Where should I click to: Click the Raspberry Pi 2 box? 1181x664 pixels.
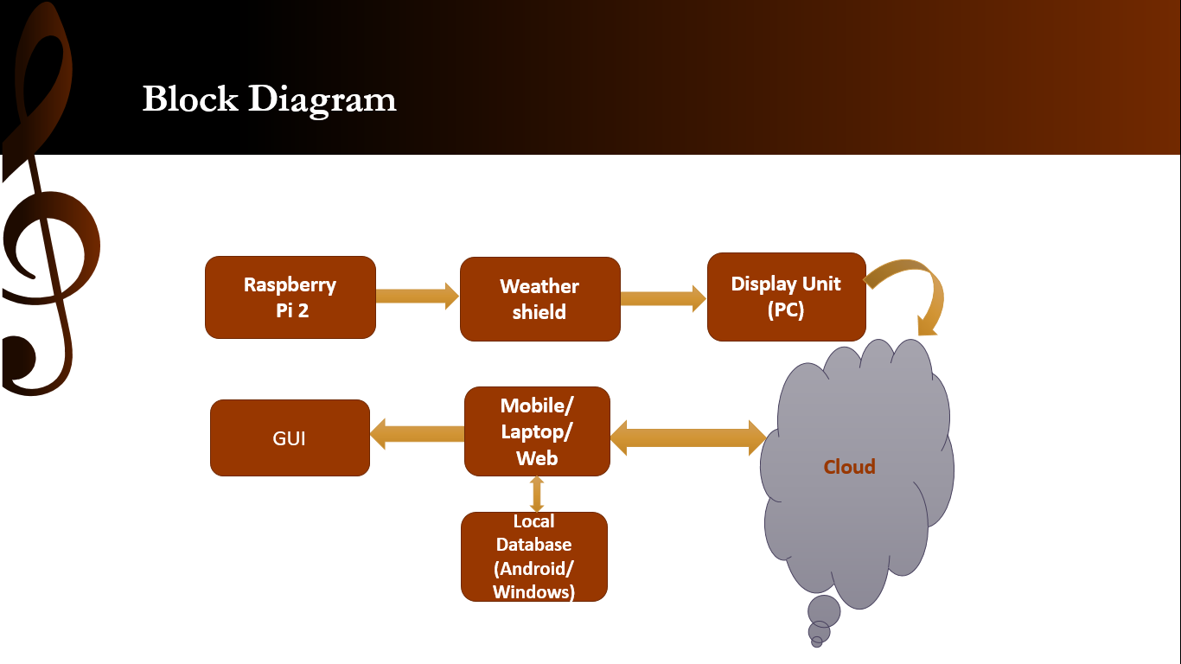[290, 297]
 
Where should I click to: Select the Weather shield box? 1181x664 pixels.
[539, 299]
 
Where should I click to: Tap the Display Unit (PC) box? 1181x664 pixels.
[786, 297]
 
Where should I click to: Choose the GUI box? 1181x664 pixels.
[290, 437]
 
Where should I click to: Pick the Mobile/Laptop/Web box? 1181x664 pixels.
[537, 431]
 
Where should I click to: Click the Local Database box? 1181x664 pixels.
[534, 557]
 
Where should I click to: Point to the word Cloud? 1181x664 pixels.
[849, 467]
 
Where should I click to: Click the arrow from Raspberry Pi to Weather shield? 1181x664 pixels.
[418, 296]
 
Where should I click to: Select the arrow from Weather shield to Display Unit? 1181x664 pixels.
[663, 299]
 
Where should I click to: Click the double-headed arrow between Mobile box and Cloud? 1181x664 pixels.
[688, 437]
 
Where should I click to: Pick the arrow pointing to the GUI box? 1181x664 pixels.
[417, 433]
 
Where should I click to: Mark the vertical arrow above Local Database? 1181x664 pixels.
[537, 495]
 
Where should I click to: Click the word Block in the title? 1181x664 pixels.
[190, 99]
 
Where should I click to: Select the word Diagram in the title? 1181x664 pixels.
[322, 100]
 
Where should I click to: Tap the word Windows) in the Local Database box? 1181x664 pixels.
[533, 591]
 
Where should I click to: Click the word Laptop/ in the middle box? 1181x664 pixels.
[537, 432]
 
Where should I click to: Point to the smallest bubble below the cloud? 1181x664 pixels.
[817, 642]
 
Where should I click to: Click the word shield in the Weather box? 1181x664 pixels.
[539, 312]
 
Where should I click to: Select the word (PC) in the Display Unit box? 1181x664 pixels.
[786, 310]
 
